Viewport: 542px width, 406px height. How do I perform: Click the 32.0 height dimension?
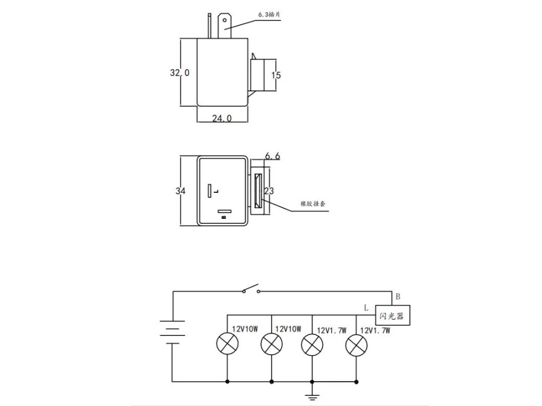pyautogui.click(x=180, y=72)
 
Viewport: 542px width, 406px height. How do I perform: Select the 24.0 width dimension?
pyautogui.click(x=222, y=118)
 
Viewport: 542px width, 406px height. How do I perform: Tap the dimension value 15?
pyautogui.click(x=276, y=75)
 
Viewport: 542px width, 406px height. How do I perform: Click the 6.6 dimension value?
pyautogui.click(x=272, y=156)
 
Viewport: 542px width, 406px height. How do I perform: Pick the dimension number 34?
pyautogui.click(x=180, y=191)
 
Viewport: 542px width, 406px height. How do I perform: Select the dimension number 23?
pyautogui.click(x=269, y=191)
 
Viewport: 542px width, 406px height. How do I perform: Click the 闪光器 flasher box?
pyautogui.click(x=392, y=316)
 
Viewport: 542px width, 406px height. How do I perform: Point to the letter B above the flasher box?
pyautogui.click(x=397, y=297)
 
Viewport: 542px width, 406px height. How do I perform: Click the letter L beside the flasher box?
pyautogui.click(x=366, y=308)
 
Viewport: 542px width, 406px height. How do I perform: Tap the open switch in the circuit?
pyautogui.click(x=251, y=289)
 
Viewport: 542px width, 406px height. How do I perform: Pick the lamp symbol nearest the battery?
pyautogui.click(x=228, y=344)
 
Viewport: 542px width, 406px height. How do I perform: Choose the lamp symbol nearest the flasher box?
pyautogui.click(x=356, y=344)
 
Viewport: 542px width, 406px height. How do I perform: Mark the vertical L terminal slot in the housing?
pyautogui.click(x=209, y=191)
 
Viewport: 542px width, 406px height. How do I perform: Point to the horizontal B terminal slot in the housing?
pyautogui.click(x=224, y=212)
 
